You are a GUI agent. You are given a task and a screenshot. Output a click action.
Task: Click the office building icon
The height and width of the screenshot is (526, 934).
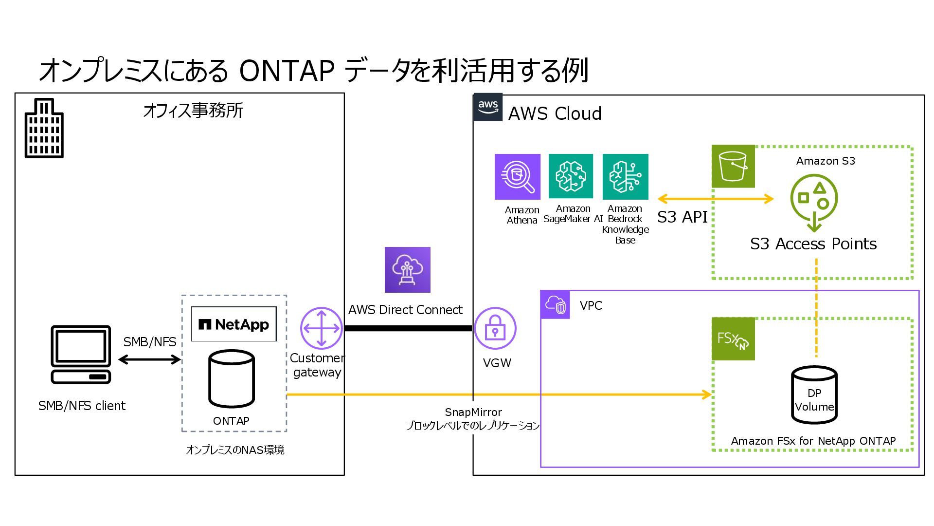click(x=44, y=128)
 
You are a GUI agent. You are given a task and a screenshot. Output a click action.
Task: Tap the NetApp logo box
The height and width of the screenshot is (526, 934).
click(x=233, y=324)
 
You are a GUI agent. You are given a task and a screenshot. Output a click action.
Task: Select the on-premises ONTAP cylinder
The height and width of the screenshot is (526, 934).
click(x=231, y=379)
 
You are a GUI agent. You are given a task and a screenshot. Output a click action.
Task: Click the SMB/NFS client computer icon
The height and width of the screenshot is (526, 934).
click(x=81, y=355)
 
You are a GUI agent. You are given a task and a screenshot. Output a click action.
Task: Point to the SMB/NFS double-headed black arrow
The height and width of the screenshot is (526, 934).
click(x=149, y=360)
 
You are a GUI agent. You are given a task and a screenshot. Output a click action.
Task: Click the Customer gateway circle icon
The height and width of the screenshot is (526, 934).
click(x=321, y=328)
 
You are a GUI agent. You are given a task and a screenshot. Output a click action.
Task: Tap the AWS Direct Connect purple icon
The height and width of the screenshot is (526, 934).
click(x=407, y=270)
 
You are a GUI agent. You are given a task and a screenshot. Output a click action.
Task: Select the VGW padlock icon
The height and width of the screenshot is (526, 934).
click(x=495, y=329)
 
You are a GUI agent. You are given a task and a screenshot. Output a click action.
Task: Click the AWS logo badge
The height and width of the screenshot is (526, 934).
click(x=488, y=107)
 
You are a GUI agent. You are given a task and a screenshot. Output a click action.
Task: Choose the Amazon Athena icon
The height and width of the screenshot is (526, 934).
click(x=517, y=177)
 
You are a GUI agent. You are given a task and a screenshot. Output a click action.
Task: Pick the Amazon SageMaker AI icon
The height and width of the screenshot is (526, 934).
click(x=571, y=176)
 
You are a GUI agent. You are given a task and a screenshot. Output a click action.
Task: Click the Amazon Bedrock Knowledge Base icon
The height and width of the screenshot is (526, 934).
click(x=625, y=177)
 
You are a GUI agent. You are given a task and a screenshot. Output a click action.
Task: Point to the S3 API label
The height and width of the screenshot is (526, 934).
click(x=682, y=217)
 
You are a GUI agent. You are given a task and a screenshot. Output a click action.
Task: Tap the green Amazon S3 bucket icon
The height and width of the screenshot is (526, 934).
click(x=733, y=167)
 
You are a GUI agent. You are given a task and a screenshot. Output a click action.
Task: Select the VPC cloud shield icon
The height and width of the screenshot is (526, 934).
click(x=556, y=305)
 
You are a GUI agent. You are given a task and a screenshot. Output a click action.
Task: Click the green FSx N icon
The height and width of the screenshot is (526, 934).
click(x=733, y=339)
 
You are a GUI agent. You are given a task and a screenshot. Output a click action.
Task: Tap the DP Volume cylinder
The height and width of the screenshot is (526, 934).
click(x=814, y=395)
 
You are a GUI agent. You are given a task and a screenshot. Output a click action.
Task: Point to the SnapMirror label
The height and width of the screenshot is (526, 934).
click(x=473, y=413)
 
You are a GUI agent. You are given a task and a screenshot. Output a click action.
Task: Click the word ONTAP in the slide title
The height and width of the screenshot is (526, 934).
click(x=287, y=71)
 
